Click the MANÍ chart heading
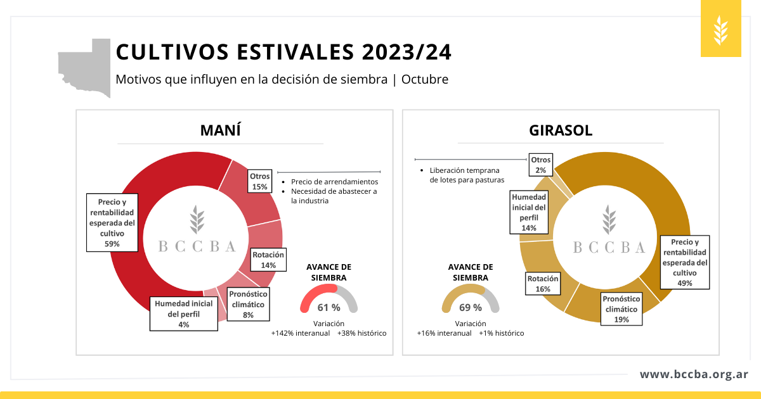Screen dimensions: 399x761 [x=220, y=131]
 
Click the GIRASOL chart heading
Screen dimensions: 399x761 [x=561, y=131]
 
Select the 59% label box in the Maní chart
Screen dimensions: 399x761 [x=112, y=223]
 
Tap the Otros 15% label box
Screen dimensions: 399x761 [x=260, y=181]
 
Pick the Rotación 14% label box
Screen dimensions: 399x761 [x=268, y=260]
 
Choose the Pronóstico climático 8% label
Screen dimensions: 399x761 [x=248, y=304]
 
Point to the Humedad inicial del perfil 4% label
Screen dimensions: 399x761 [x=184, y=313]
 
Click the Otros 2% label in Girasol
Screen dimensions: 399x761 [x=541, y=165]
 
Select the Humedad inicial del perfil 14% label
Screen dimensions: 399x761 [x=530, y=212]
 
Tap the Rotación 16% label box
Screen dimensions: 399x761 [x=543, y=283]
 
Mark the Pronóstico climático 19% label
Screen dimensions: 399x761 [x=621, y=308]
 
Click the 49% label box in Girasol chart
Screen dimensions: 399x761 [x=684, y=262]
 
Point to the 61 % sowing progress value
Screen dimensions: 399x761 [x=328, y=308]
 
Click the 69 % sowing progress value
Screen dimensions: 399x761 [x=470, y=308]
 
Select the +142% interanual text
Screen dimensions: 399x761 [x=300, y=333]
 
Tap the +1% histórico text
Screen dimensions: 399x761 [x=501, y=333]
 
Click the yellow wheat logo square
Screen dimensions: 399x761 [x=721, y=28]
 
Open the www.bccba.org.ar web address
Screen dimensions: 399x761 [x=694, y=374]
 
